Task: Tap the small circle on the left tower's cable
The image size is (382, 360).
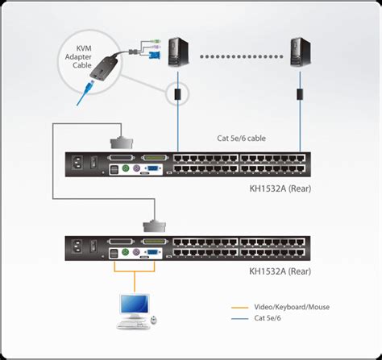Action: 176,93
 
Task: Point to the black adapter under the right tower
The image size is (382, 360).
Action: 300,93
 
